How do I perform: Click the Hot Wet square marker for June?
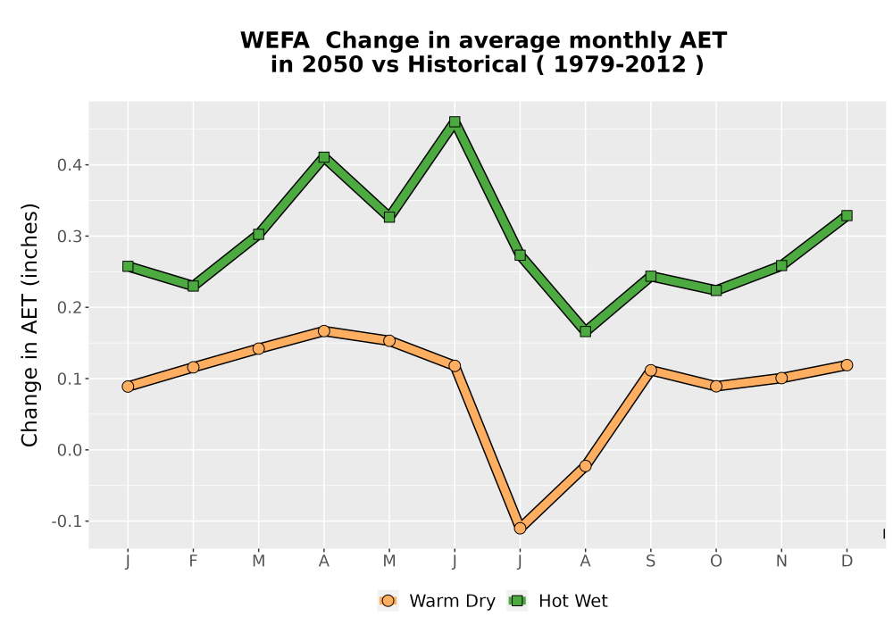455,121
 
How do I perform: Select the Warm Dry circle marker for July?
520,529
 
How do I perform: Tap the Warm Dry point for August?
586,466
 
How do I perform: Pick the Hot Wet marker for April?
324,157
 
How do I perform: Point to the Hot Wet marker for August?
586,331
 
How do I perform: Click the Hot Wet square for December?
847,216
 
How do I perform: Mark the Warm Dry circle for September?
651,370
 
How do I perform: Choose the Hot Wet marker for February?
193,286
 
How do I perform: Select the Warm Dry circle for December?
847,365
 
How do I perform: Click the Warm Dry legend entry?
437,601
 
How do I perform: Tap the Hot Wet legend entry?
557,601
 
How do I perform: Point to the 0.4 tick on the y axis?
70,165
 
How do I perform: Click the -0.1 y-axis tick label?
67,521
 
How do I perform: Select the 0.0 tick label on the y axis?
70,450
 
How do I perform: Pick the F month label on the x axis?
193,562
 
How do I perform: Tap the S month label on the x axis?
651,562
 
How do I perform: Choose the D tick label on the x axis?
847,562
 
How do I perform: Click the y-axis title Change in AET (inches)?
29,325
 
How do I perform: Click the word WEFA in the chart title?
275,40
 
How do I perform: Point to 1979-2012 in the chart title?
620,64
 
